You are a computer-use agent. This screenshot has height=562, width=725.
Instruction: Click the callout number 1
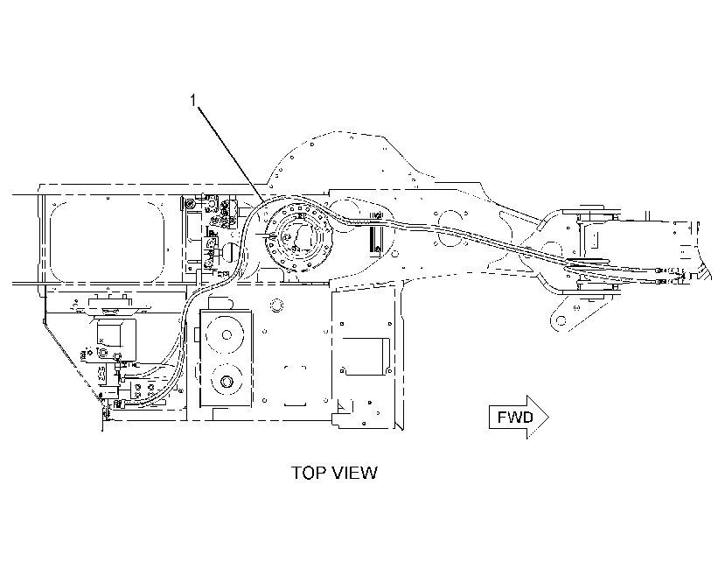click(193, 100)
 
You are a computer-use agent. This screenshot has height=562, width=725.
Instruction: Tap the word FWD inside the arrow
click(515, 417)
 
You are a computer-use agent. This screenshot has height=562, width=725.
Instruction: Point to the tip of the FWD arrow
click(548, 417)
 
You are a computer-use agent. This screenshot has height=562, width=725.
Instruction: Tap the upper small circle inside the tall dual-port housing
click(227, 334)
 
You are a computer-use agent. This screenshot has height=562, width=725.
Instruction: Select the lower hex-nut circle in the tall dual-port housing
click(227, 381)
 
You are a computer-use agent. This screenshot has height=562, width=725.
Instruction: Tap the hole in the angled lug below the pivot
click(561, 320)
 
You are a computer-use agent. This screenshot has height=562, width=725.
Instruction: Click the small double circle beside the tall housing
click(277, 305)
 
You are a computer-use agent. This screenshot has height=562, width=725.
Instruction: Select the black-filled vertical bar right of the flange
click(371, 240)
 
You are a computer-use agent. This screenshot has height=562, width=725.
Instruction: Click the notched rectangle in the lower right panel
click(365, 356)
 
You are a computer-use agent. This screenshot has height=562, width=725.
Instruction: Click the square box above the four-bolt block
click(109, 334)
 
